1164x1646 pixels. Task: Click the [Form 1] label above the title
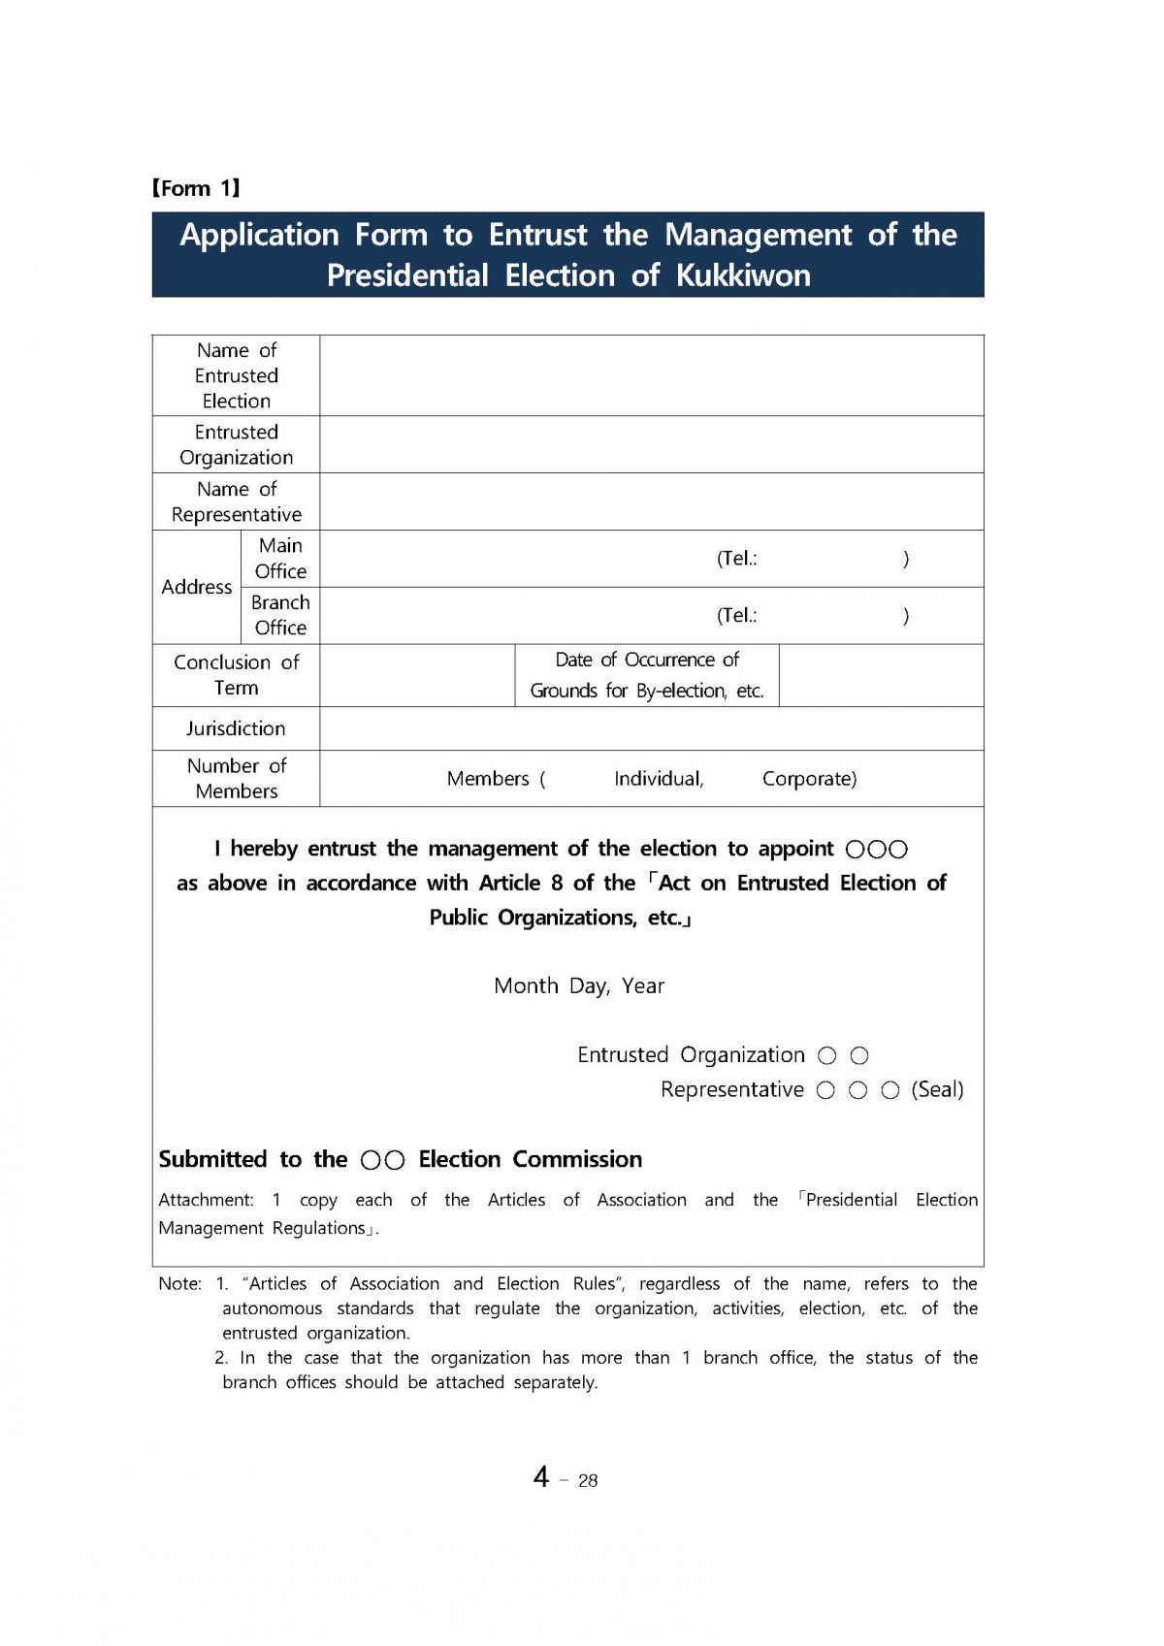(x=196, y=188)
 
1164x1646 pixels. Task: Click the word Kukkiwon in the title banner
(x=743, y=275)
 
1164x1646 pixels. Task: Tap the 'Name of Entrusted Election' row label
(x=236, y=375)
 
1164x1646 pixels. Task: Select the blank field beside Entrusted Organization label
(x=651, y=444)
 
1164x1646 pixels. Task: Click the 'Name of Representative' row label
(x=236, y=501)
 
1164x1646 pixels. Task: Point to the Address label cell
(x=197, y=587)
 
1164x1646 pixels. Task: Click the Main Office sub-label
(x=280, y=559)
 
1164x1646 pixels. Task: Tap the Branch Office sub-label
(x=280, y=615)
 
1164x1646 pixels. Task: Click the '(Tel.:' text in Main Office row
(x=737, y=559)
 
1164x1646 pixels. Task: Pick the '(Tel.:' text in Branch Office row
(x=737, y=615)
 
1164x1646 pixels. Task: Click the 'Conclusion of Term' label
(x=236, y=675)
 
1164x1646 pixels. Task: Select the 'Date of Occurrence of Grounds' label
(x=647, y=675)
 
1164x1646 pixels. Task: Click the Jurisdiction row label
(x=236, y=728)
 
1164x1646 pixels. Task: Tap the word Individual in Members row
(x=659, y=779)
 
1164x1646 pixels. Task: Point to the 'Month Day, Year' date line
(x=579, y=986)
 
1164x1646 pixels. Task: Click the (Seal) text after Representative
(x=937, y=1089)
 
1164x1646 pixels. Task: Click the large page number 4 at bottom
(x=541, y=1477)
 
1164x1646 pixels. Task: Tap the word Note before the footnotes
(x=179, y=1284)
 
